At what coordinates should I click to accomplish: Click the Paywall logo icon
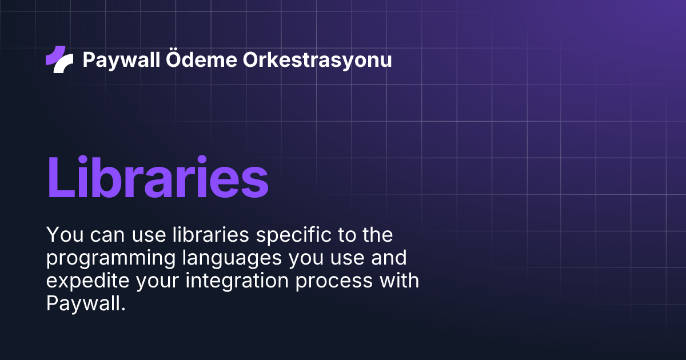[x=59, y=59]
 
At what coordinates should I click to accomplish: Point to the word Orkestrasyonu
[x=318, y=59]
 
